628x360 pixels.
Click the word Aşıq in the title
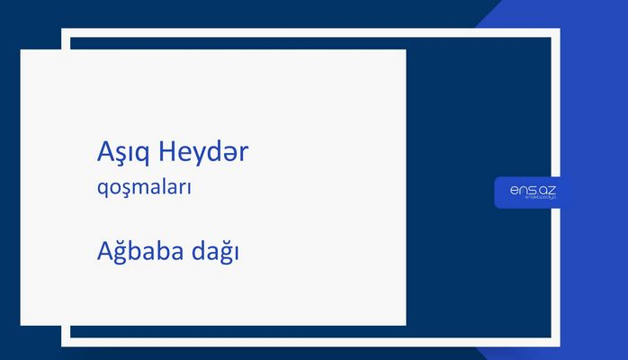pyautogui.click(x=123, y=154)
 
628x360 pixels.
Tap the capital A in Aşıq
pyautogui.click(x=105, y=152)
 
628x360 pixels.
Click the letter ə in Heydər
pyautogui.click(x=230, y=154)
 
